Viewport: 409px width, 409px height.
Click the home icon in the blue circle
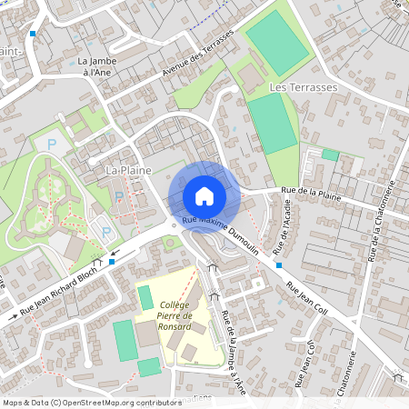204,195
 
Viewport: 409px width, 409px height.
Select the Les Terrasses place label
304,86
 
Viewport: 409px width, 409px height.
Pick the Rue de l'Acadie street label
284,227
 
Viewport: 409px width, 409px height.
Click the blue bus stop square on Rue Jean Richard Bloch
111,262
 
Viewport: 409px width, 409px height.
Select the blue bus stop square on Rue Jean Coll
279,265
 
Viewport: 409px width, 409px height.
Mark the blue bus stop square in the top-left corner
33,34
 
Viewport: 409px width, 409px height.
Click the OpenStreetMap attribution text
91,402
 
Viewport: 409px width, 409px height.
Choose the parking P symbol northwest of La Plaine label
52,144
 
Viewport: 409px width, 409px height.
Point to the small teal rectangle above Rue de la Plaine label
329,155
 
